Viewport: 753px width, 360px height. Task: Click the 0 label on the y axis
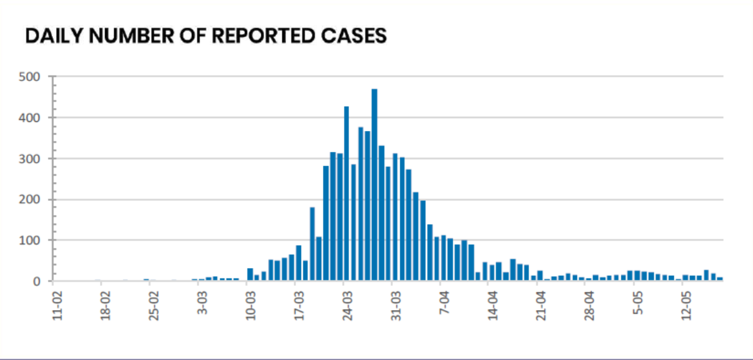36,281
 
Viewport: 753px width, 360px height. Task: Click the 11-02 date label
57,305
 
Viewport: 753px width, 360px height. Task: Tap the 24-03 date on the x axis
348,305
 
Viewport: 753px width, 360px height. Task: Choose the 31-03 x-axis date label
396,305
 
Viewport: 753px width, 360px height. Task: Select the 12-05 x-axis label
687,305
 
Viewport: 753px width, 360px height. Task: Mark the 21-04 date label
541,305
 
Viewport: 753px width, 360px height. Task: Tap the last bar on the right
719,279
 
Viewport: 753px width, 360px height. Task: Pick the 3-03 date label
202,303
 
